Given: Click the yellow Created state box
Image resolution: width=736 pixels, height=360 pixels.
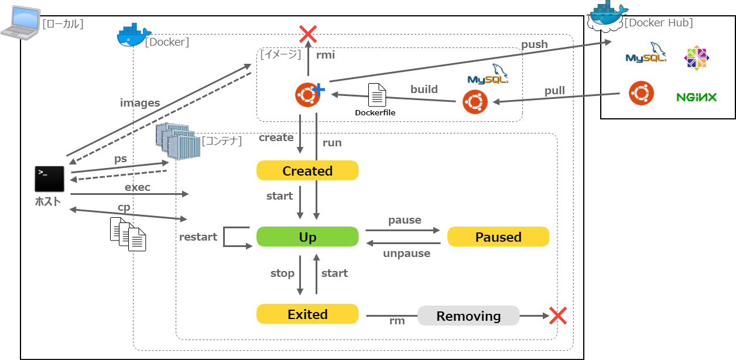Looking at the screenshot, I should click(307, 171).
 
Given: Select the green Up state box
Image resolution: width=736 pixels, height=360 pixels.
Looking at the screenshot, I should click(307, 236).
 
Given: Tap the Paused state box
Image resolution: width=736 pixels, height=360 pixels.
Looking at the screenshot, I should click(498, 236).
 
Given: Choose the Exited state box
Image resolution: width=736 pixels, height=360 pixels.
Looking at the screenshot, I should click(307, 314).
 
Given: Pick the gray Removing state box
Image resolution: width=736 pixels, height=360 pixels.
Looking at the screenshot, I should click(468, 316).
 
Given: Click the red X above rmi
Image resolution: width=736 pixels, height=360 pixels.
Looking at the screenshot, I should click(307, 34).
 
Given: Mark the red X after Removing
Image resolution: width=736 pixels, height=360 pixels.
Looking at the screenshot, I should click(557, 316).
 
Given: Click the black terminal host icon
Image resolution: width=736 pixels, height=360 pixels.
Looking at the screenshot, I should click(49, 179).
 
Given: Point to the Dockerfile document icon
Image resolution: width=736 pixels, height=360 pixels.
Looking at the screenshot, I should click(377, 94).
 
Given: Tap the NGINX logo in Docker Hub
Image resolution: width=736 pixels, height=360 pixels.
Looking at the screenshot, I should click(696, 97).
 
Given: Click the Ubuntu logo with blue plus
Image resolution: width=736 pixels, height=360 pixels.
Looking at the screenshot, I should click(308, 94).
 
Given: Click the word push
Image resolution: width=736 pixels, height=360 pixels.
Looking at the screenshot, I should click(534, 44).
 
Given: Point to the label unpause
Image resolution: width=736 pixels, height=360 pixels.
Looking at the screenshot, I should click(406, 253).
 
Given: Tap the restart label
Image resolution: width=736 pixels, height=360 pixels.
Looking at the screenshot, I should click(198, 237).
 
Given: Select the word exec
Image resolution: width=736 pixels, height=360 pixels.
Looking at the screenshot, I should click(138, 187).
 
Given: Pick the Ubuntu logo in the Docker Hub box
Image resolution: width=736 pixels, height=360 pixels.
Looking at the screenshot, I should click(641, 93).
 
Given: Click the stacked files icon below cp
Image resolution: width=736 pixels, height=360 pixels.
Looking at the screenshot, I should click(128, 234).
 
